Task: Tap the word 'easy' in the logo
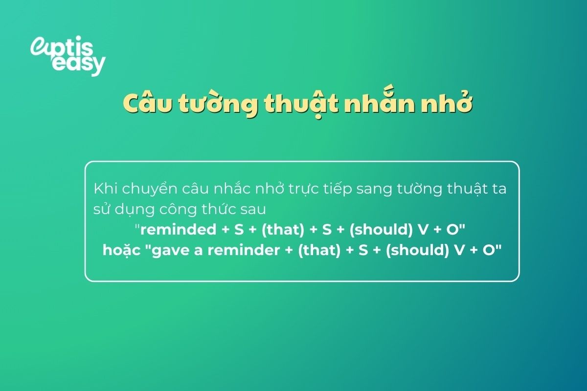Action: coord(78,64)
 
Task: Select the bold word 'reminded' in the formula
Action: coord(174,229)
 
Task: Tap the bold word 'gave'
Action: coord(166,250)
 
